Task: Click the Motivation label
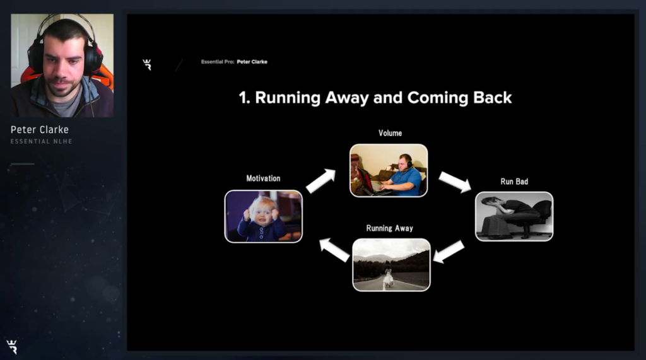(263, 178)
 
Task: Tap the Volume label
(390, 133)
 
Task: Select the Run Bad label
(514, 182)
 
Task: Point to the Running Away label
(390, 228)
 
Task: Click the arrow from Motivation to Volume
(321, 181)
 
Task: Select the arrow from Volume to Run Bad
(455, 182)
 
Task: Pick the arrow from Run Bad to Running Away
(449, 252)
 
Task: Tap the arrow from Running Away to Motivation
(335, 250)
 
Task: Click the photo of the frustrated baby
(263, 216)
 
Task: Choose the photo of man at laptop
(389, 170)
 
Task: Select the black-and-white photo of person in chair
(514, 216)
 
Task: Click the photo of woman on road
(391, 265)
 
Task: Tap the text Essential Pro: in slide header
(218, 62)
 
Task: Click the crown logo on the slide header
(147, 65)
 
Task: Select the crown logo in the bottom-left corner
(12, 347)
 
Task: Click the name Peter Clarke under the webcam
(40, 130)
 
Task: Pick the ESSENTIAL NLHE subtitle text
(41, 141)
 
